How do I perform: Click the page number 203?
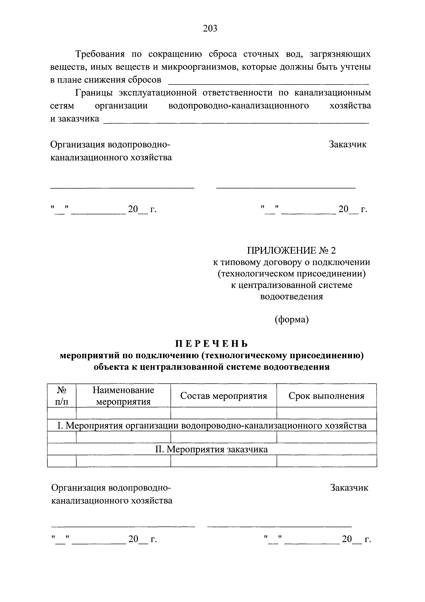pyautogui.click(x=210, y=28)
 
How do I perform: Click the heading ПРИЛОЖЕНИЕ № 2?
pyautogui.click(x=292, y=251)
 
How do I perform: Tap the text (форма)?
pyautogui.click(x=292, y=319)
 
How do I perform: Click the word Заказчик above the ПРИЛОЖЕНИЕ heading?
pyautogui.click(x=348, y=144)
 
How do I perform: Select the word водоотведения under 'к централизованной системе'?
pyautogui.click(x=292, y=297)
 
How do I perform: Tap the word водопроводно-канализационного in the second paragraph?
pyautogui.click(x=238, y=106)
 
